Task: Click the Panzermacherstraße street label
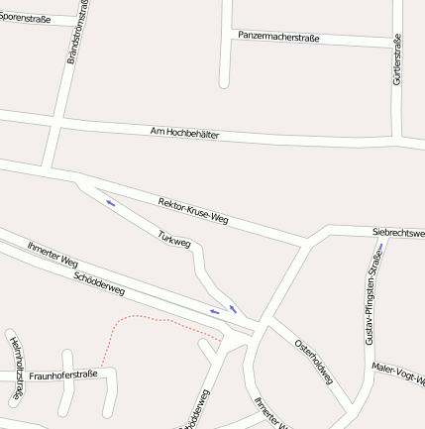(x=278, y=37)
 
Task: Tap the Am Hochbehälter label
(x=184, y=132)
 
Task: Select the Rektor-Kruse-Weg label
(x=193, y=210)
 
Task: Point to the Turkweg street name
(x=174, y=240)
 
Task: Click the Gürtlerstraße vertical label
(x=397, y=59)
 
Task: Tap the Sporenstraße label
(x=26, y=18)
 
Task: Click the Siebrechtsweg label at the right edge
(x=398, y=233)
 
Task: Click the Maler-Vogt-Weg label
(x=398, y=374)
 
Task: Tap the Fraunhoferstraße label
(x=63, y=375)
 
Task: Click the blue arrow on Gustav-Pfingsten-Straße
(x=380, y=247)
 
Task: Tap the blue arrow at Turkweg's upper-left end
(x=110, y=203)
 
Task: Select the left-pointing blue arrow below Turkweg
(x=214, y=312)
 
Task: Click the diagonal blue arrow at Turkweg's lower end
(x=234, y=309)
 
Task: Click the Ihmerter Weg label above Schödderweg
(x=53, y=255)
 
